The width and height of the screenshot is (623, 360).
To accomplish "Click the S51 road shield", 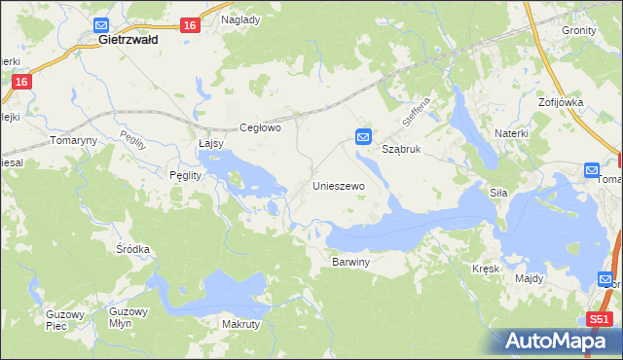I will [602, 318].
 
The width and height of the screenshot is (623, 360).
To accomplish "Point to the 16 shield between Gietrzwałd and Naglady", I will [190, 26].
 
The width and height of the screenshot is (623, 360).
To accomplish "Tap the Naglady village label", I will [240, 19].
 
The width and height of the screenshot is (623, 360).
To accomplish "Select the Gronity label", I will [579, 30].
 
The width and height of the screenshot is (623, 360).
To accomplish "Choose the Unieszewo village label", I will [338, 185].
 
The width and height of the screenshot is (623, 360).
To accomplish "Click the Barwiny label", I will [351, 263].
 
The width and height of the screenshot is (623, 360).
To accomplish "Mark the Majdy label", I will [530, 278].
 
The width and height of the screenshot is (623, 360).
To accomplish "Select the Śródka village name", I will [132, 249].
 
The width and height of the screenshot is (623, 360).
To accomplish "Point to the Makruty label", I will [240, 324].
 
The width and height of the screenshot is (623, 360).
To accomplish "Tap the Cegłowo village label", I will [260, 127].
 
